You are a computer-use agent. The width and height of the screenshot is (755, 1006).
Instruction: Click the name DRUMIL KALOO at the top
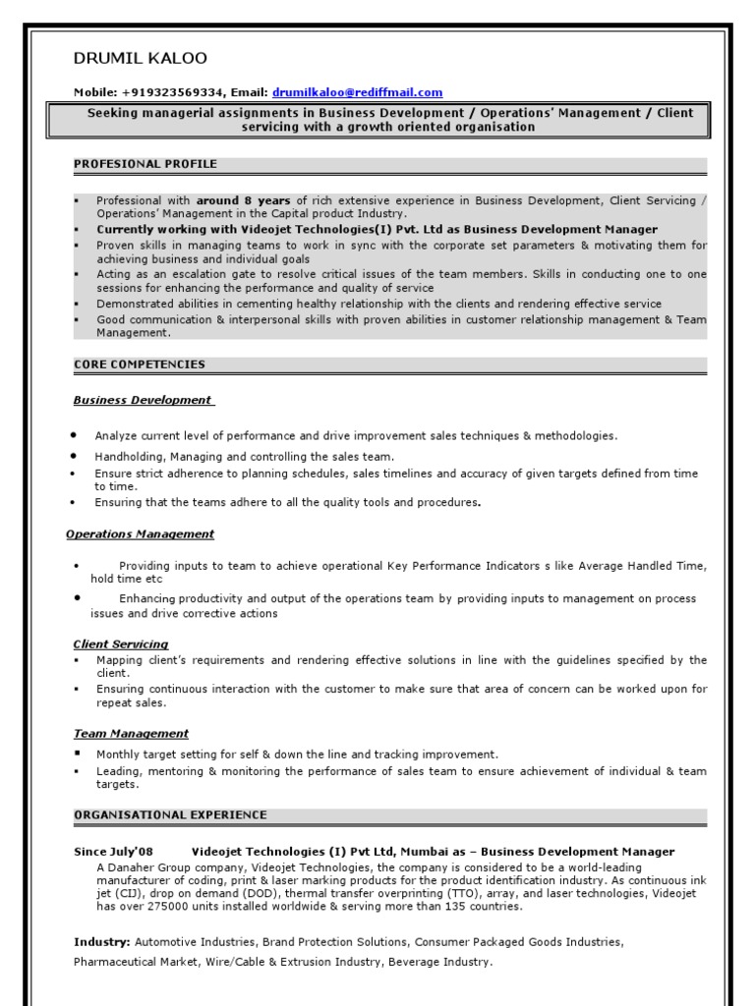coord(141,59)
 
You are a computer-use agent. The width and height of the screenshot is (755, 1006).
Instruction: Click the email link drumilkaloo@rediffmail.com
coord(357,92)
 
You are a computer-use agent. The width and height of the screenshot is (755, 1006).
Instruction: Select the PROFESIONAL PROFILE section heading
coord(145,164)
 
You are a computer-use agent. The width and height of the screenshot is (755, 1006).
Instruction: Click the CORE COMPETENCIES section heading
coord(140,364)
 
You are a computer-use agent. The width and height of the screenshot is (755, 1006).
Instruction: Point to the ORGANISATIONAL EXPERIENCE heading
coord(170,815)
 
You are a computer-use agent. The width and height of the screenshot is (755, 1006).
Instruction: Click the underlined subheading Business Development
coord(143,400)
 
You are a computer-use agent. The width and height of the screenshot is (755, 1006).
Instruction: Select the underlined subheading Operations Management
coord(140,534)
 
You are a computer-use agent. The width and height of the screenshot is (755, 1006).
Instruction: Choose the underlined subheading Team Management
coord(131,734)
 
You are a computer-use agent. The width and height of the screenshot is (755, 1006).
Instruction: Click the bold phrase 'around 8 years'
coord(243,200)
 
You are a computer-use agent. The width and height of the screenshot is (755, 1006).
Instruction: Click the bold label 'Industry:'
coord(102,942)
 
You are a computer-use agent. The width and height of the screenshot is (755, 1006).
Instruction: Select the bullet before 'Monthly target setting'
coord(77,754)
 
